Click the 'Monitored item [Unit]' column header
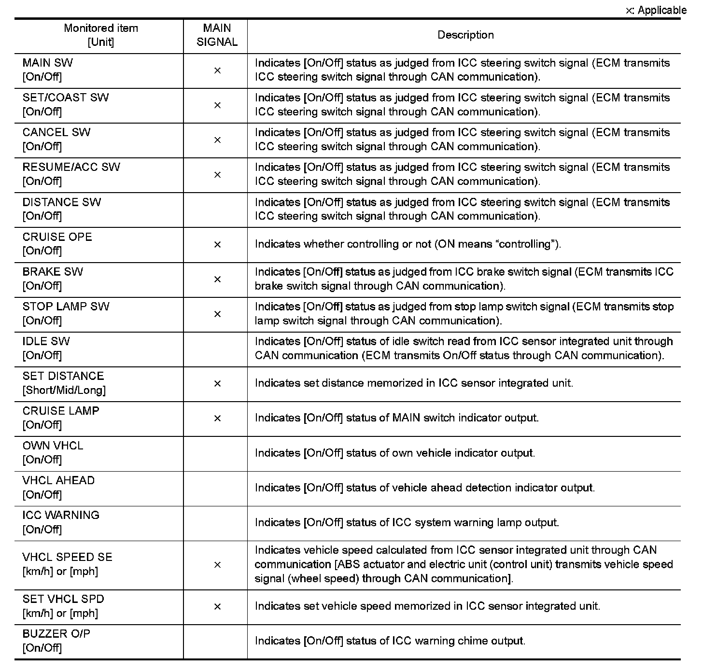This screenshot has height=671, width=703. (100, 35)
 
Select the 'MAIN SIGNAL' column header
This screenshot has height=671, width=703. (217, 35)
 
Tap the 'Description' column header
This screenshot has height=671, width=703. (465, 35)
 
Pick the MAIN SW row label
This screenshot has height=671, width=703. (48, 70)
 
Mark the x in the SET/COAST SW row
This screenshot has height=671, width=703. (217, 105)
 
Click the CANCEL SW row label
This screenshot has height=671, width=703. (56, 139)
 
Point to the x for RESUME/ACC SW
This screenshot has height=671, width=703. (217, 175)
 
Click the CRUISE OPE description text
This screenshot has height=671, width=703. (408, 244)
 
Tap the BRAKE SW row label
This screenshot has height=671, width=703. (53, 279)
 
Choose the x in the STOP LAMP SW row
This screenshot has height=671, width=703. (217, 314)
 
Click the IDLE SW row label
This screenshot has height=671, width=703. (46, 348)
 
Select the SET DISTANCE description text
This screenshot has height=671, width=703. (414, 383)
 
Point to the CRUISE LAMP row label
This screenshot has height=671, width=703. (61, 418)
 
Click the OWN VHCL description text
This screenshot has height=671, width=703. (395, 453)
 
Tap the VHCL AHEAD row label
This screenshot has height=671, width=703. (58, 487)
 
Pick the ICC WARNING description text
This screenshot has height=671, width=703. (407, 522)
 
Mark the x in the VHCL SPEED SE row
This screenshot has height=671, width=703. (217, 565)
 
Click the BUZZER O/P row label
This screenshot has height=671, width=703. (56, 640)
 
